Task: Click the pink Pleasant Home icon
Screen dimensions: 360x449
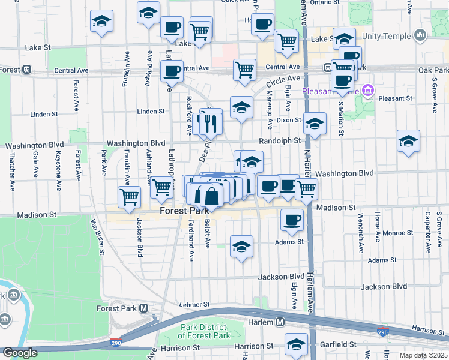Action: [x=368, y=92]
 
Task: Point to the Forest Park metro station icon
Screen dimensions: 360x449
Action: [x=143, y=308]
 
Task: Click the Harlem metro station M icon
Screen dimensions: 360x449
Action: [x=280, y=322]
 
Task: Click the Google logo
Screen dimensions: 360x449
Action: [x=20, y=353]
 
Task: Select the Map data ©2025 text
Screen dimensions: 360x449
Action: [x=423, y=355]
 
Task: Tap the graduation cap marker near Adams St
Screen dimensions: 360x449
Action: [x=241, y=247]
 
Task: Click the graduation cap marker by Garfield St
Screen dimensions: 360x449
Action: [x=296, y=344]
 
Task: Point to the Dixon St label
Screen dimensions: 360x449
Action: [x=289, y=120]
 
